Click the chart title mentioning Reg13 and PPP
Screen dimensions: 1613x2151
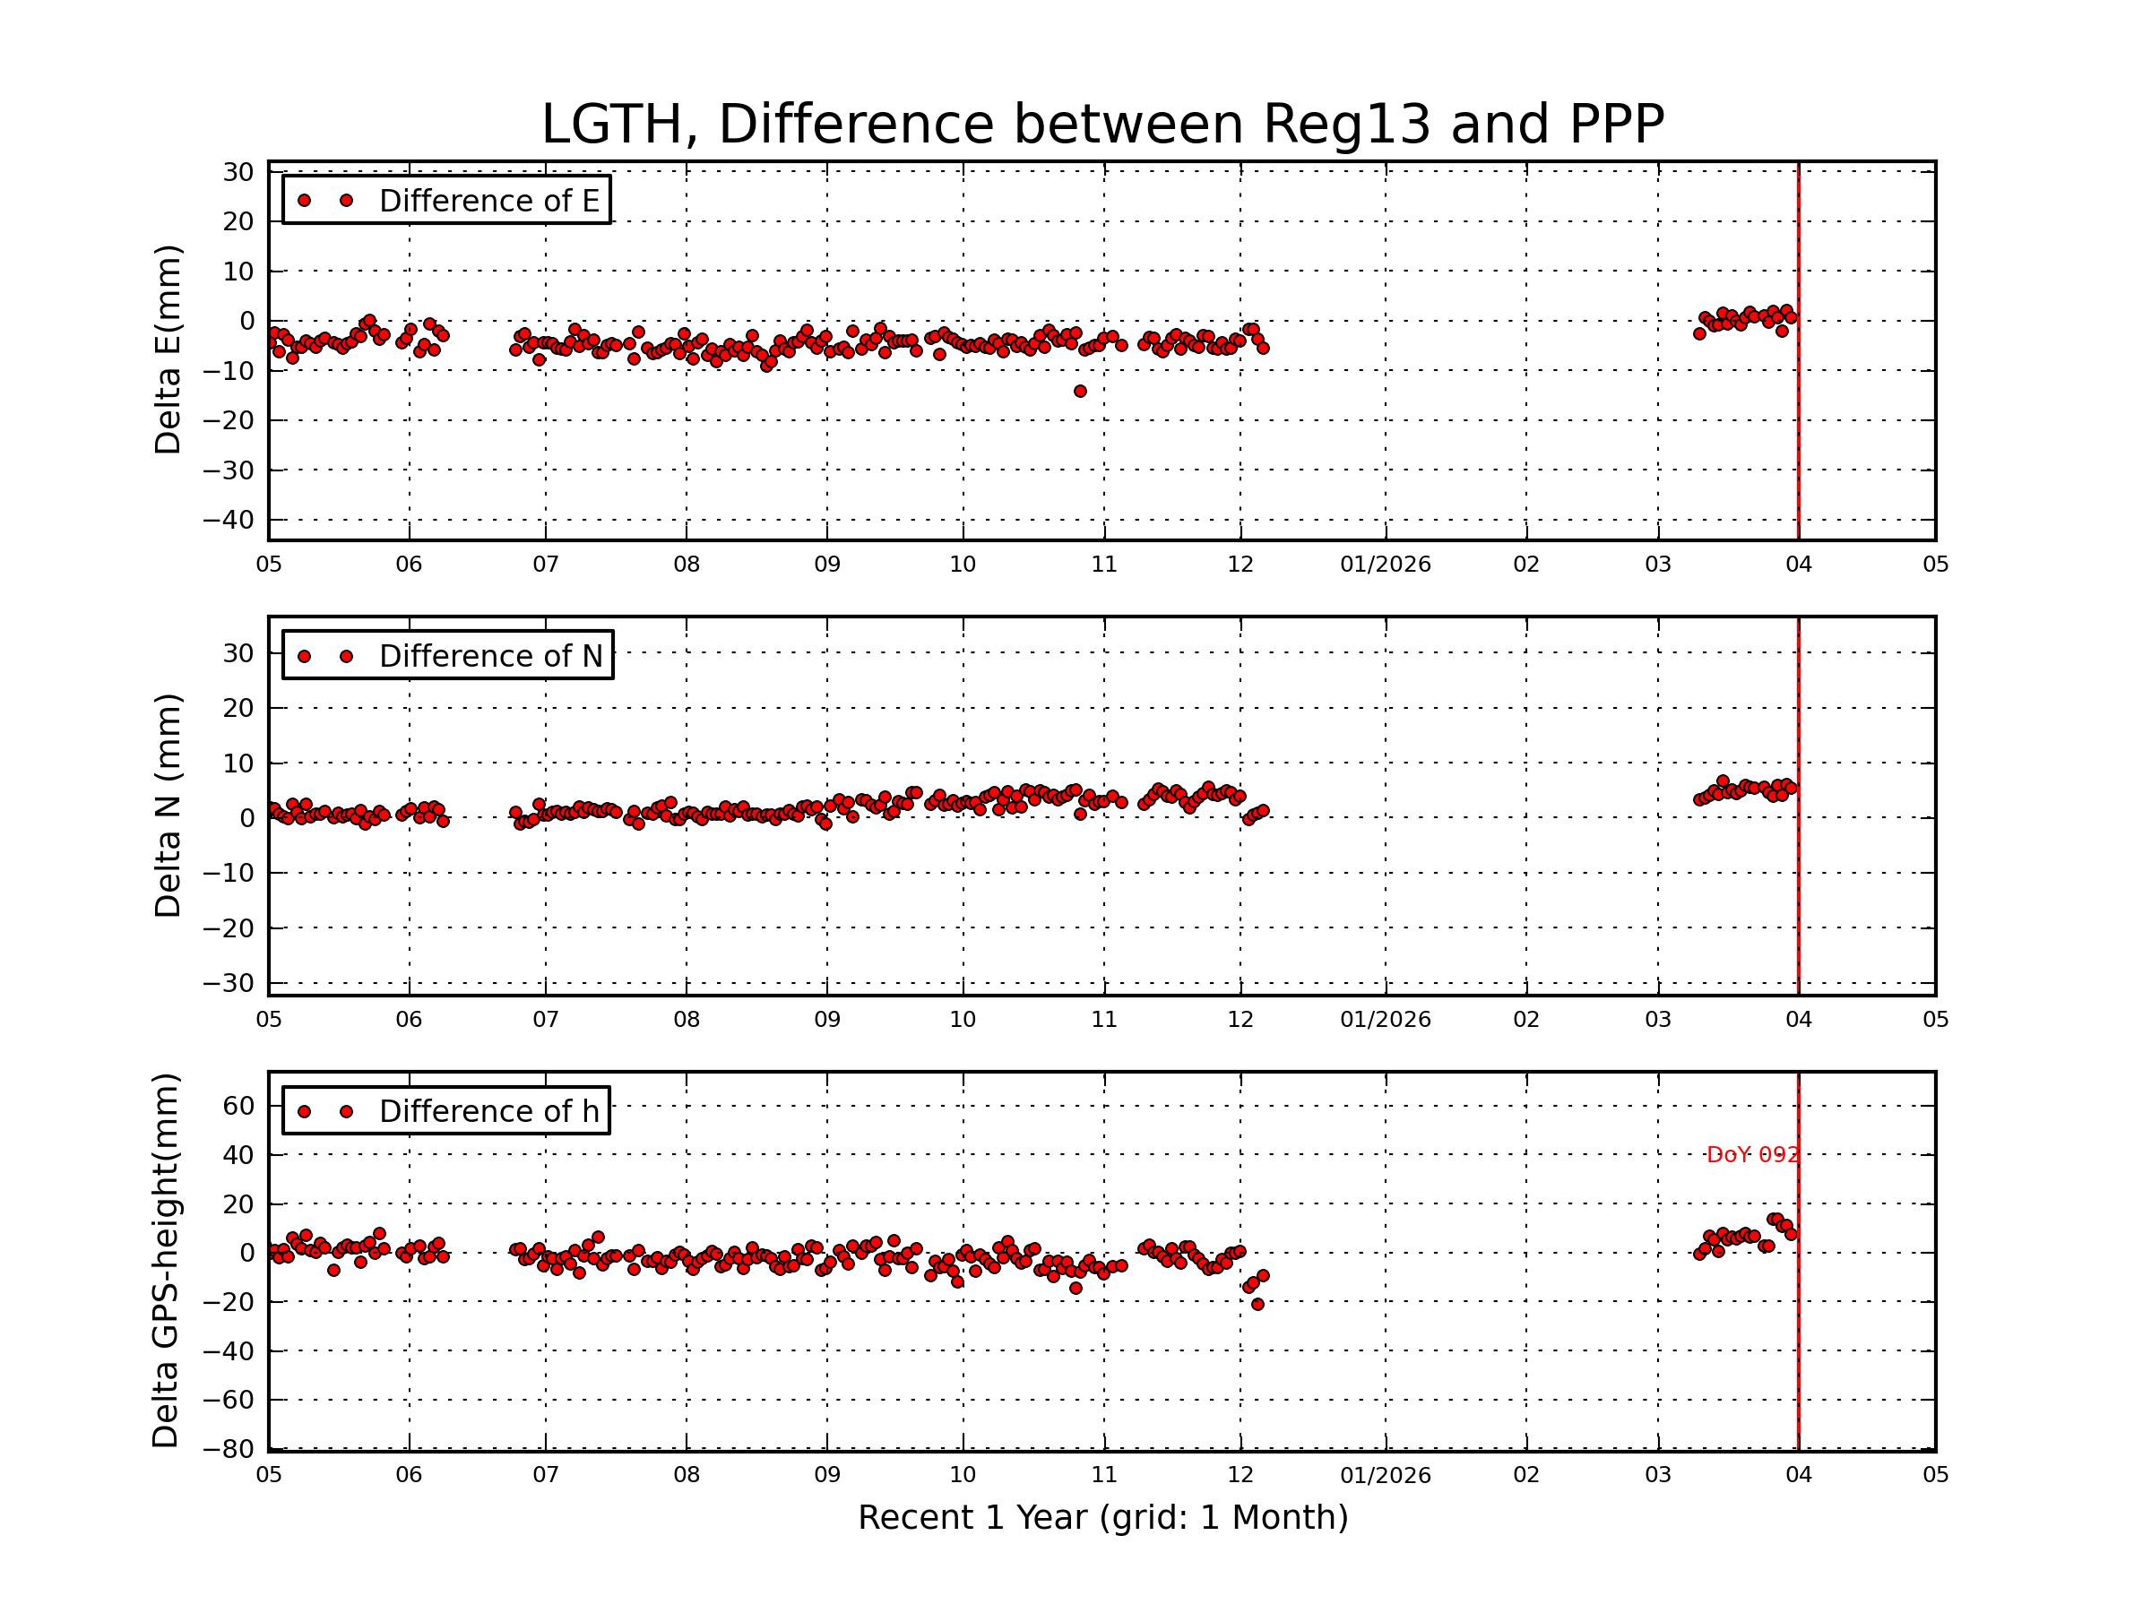[1101, 125]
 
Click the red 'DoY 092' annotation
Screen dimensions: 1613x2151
[1751, 1155]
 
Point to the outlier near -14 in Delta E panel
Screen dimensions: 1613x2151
[1079, 392]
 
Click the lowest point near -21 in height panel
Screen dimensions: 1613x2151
[1257, 1305]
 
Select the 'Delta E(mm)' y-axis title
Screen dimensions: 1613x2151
[168, 350]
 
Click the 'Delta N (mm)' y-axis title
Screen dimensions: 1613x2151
[168, 806]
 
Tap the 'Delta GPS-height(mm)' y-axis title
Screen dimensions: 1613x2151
[165, 1261]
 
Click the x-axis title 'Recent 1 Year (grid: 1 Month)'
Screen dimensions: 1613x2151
[1101, 1518]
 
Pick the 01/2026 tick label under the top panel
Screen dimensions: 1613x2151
[1385, 565]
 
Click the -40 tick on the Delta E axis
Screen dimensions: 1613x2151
[228, 520]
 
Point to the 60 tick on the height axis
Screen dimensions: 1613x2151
[238, 1106]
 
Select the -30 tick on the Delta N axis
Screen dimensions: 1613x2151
[228, 983]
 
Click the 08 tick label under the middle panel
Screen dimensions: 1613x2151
[687, 1020]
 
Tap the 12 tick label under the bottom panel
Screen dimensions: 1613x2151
[1240, 1475]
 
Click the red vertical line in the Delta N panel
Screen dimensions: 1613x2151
[1798, 807]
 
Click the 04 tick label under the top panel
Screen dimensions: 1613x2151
[1798, 565]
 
